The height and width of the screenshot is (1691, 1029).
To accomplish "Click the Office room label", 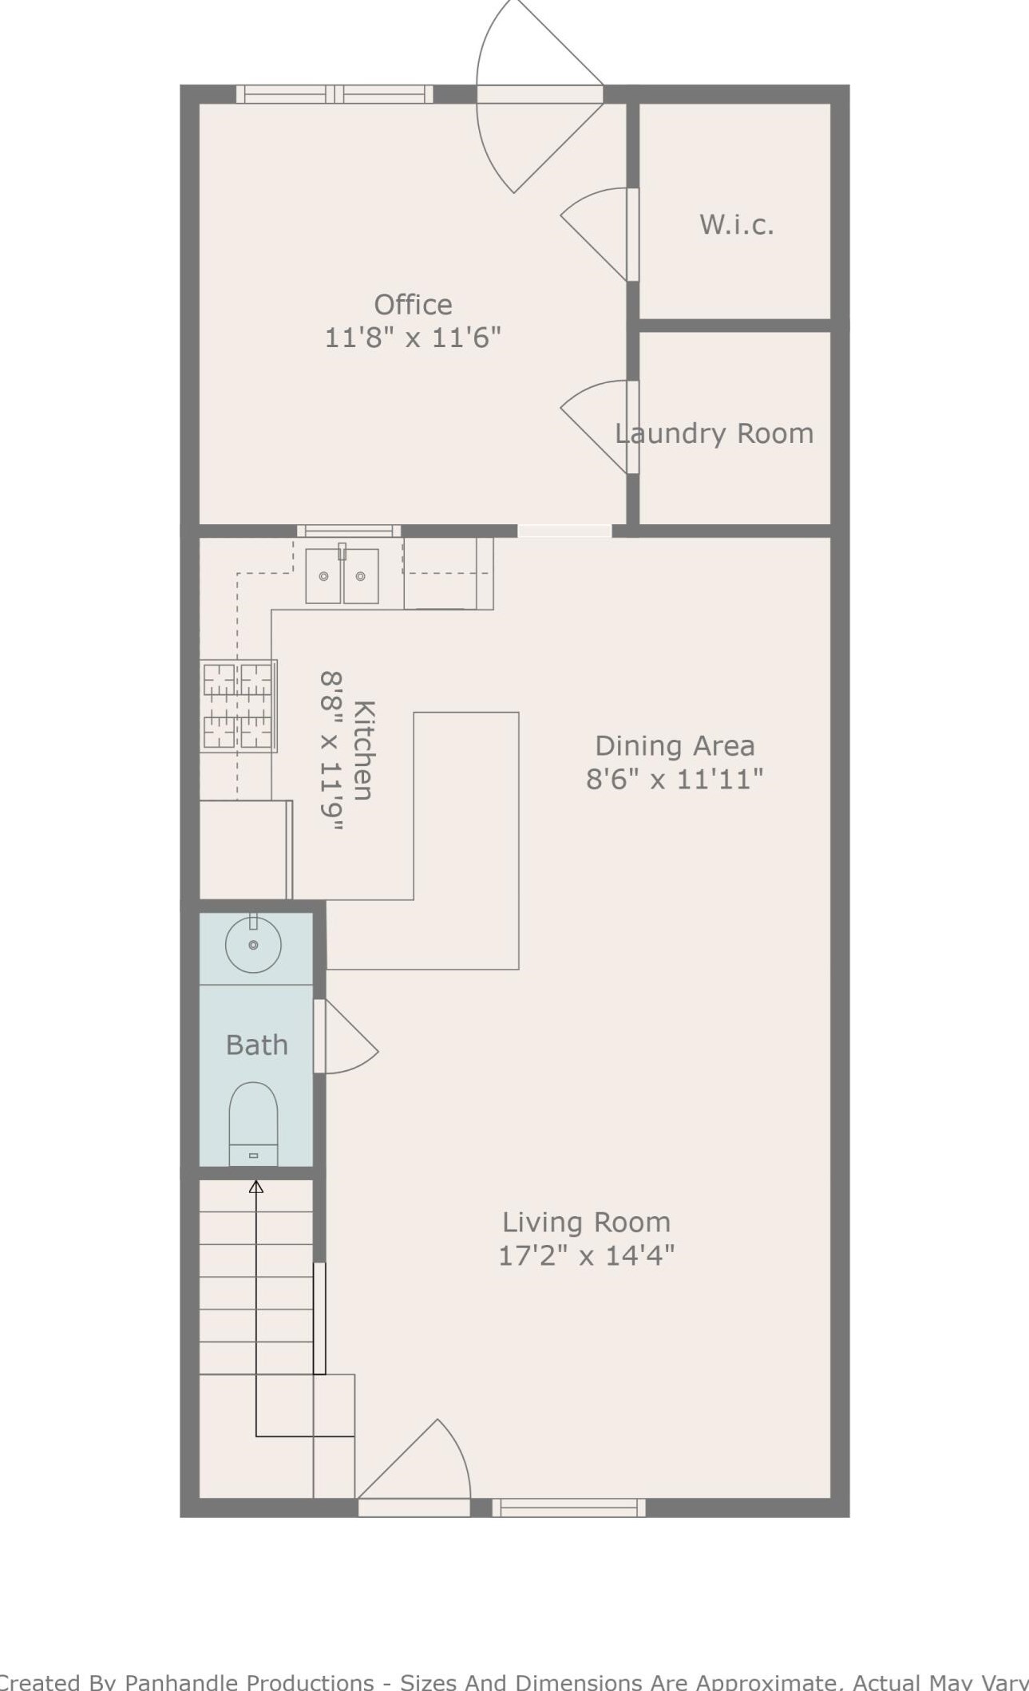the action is click(413, 304).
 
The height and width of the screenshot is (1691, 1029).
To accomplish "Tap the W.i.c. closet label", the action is click(736, 224).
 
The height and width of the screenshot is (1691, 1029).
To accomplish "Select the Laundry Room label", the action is click(714, 433).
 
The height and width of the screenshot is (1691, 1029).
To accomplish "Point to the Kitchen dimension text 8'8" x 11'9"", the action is click(332, 751).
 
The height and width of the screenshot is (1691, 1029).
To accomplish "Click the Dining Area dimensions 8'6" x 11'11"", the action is click(675, 778).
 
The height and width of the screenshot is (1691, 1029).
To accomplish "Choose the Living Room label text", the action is click(586, 1222).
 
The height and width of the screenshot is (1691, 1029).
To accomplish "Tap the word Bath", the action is click(256, 1045).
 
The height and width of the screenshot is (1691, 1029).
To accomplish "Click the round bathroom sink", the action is click(253, 944).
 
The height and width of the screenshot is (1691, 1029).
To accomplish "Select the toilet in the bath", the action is click(253, 1124).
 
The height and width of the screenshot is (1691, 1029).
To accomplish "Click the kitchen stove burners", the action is click(238, 705).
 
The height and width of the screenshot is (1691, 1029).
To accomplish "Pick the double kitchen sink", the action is click(342, 575).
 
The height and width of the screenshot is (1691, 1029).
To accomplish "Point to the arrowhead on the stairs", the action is click(255, 1187).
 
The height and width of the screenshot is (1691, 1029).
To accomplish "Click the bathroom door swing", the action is click(346, 1036).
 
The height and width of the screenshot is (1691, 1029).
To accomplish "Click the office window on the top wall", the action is click(334, 94).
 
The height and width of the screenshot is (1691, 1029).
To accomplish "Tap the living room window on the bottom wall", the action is click(568, 1507).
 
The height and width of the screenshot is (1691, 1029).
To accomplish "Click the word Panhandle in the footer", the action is click(249, 1681).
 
